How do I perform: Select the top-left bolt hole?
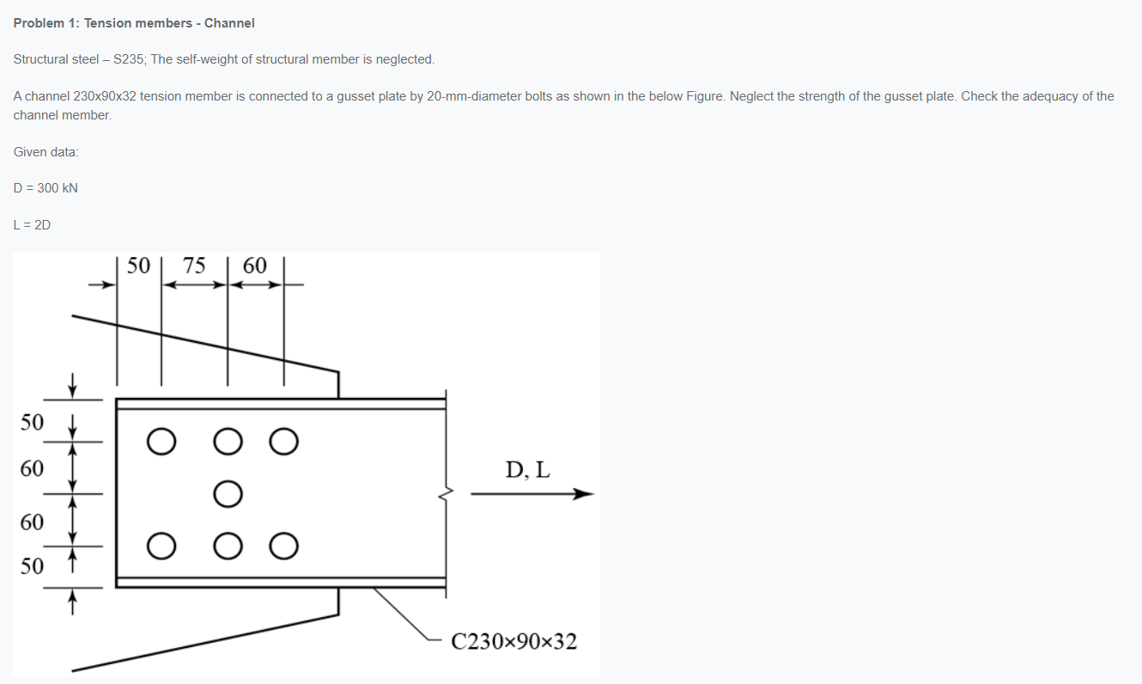160,442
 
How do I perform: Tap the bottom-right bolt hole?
284,546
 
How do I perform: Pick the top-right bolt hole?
284,442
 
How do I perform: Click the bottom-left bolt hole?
160,546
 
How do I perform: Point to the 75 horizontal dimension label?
194,266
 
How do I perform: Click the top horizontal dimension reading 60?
255,266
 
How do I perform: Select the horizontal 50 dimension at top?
138,266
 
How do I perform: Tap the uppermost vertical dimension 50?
32,422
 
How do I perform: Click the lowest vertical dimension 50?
32,566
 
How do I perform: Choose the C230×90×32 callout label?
513,642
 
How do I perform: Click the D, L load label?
528,470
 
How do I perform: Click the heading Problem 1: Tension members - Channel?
134,23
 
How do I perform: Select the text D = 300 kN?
46,188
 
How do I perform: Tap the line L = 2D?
32,225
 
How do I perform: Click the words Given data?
46,152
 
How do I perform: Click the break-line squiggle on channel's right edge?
446,494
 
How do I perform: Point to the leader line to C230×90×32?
404,614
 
